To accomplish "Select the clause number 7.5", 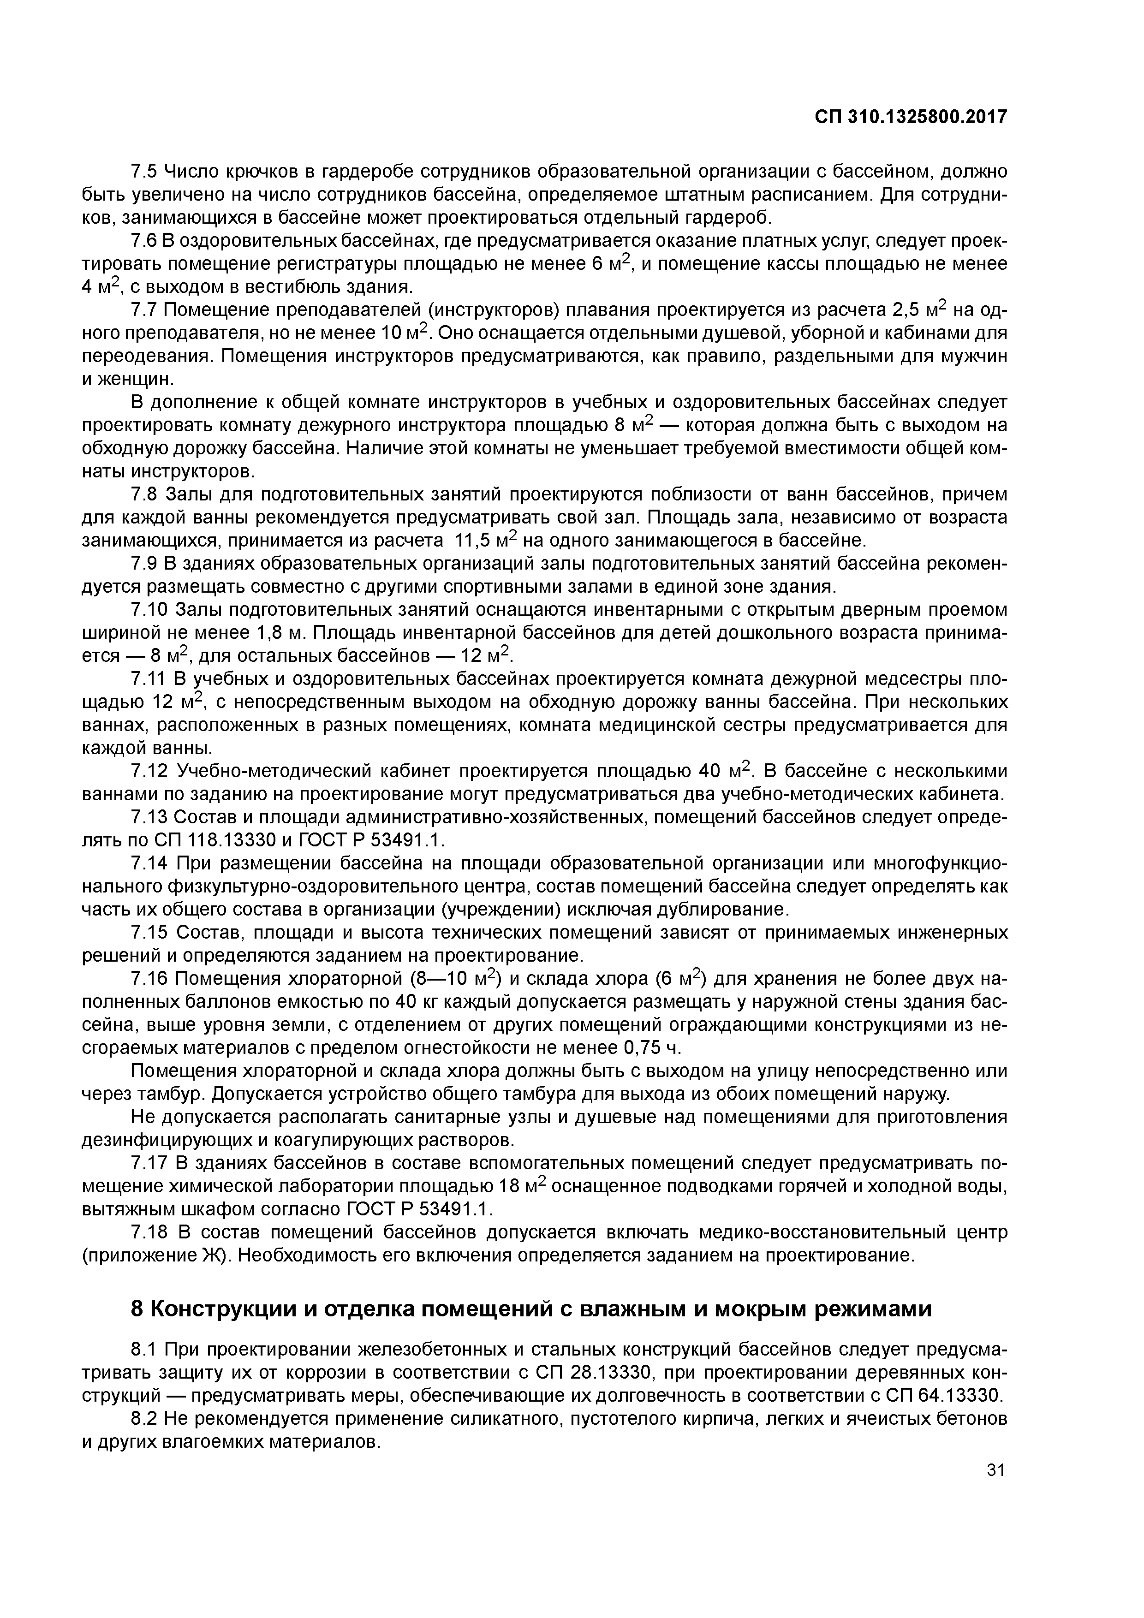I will (x=146, y=171).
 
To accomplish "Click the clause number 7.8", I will (x=146, y=495).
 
